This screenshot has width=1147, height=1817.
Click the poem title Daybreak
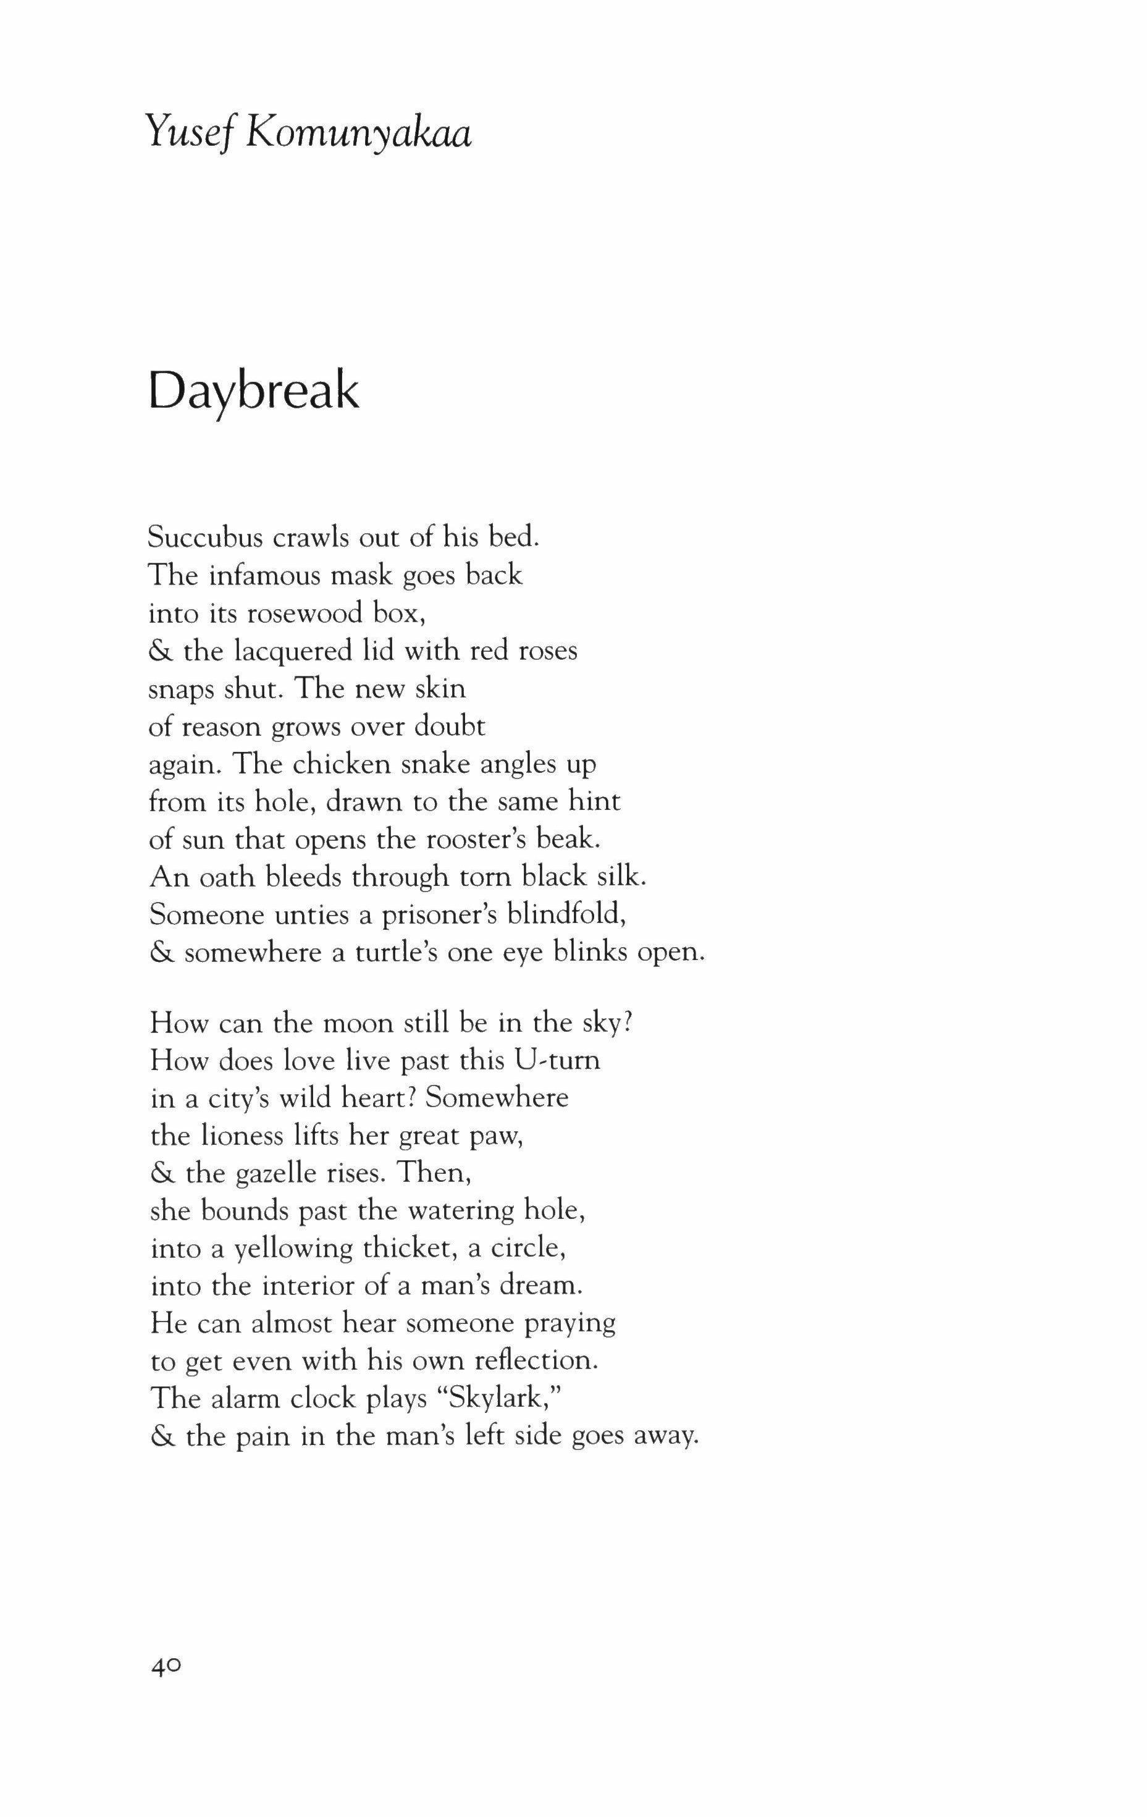coord(253,392)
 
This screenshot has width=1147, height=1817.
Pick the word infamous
coord(258,575)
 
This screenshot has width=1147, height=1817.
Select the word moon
coord(347,1023)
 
